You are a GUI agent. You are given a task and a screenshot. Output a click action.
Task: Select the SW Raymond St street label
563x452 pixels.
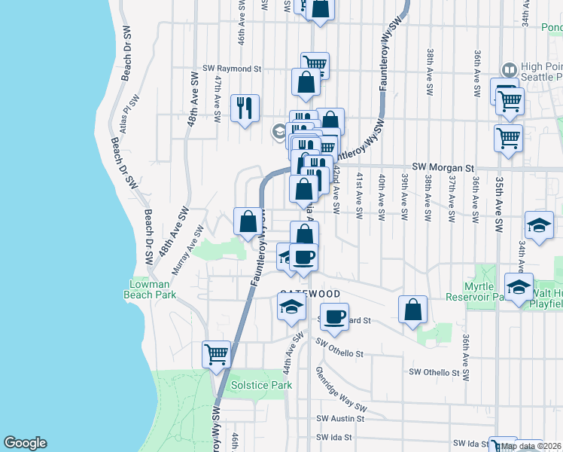click(236, 68)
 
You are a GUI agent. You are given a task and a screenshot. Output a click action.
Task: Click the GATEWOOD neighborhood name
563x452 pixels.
click(310, 293)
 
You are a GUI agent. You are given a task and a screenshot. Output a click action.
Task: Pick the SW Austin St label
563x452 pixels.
click(340, 418)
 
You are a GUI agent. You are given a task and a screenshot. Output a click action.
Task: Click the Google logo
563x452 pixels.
click(24, 443)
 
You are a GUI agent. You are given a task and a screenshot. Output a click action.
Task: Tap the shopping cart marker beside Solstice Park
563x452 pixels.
click(217, 353)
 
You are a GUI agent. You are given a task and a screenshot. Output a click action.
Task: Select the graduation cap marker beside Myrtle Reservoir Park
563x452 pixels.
click(519, 286)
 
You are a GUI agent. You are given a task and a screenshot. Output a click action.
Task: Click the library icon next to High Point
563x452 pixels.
click(510, 70)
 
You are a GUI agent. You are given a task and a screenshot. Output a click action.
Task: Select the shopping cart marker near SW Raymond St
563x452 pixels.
click(315, 64)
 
